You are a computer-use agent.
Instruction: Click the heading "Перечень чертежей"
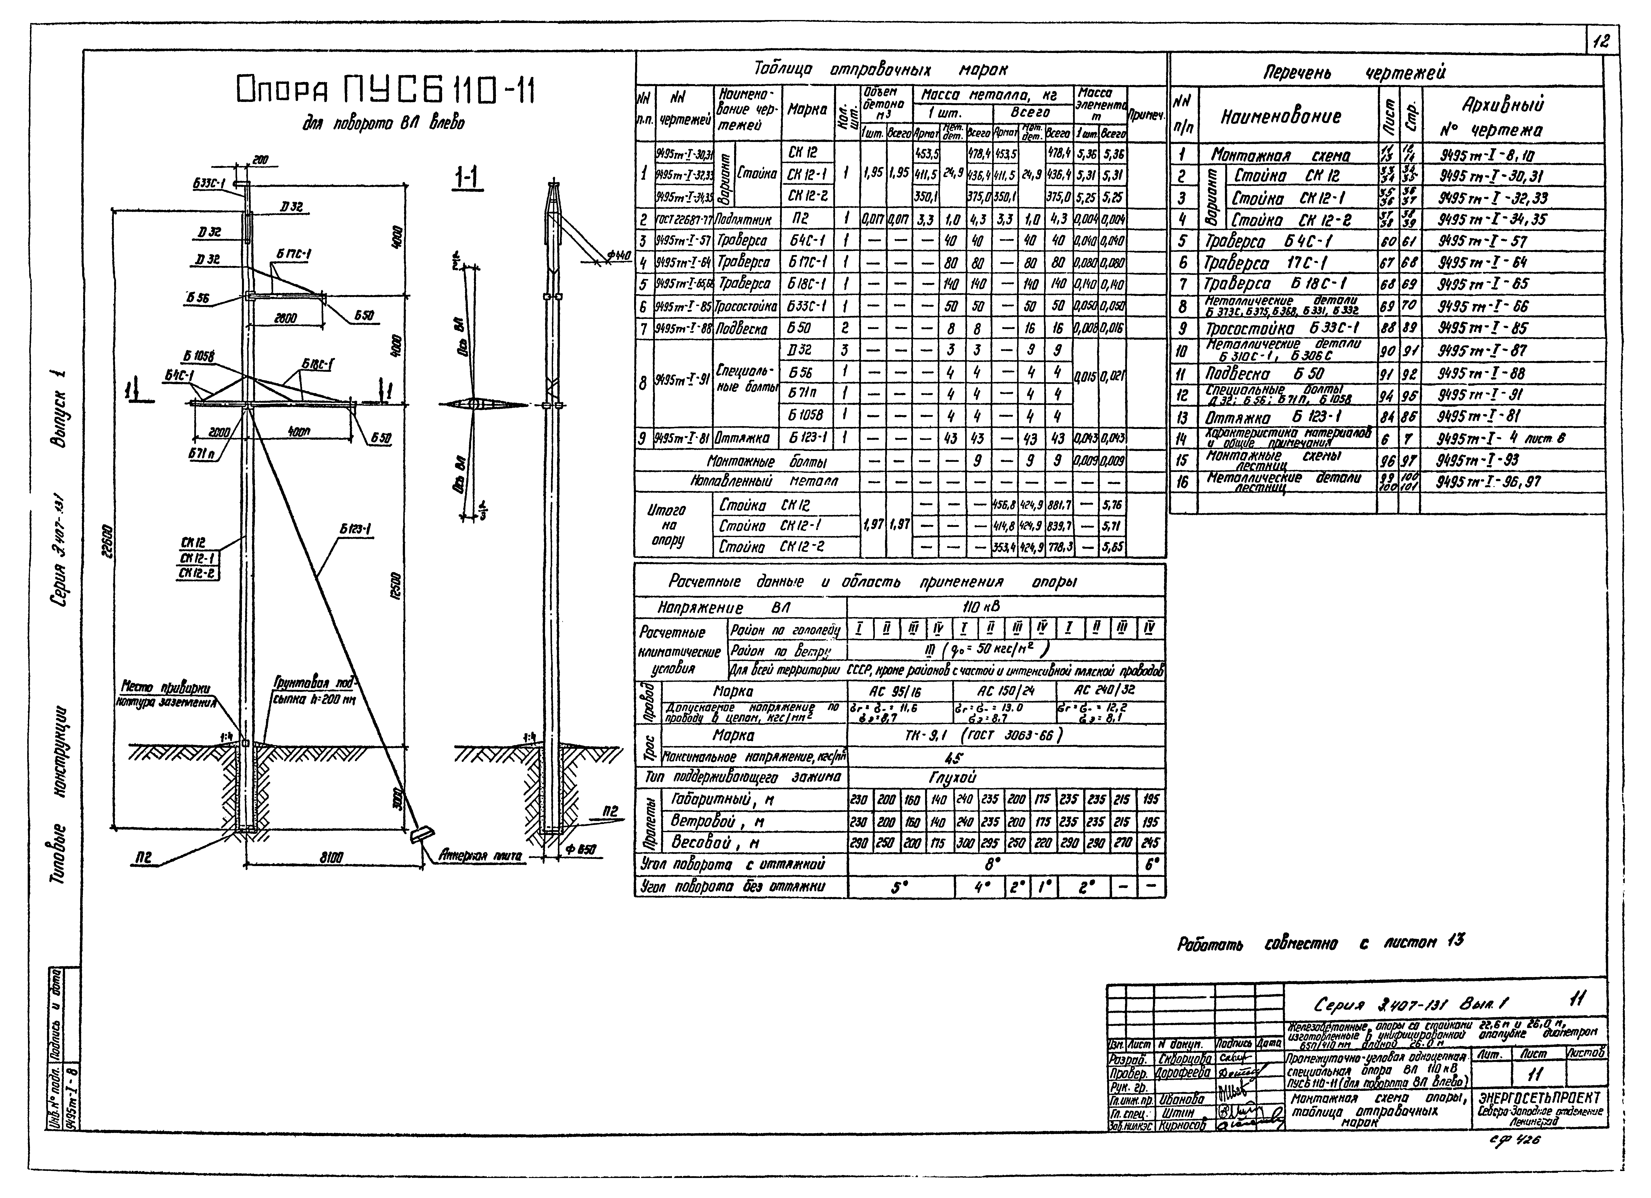(x=1354, y=72)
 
